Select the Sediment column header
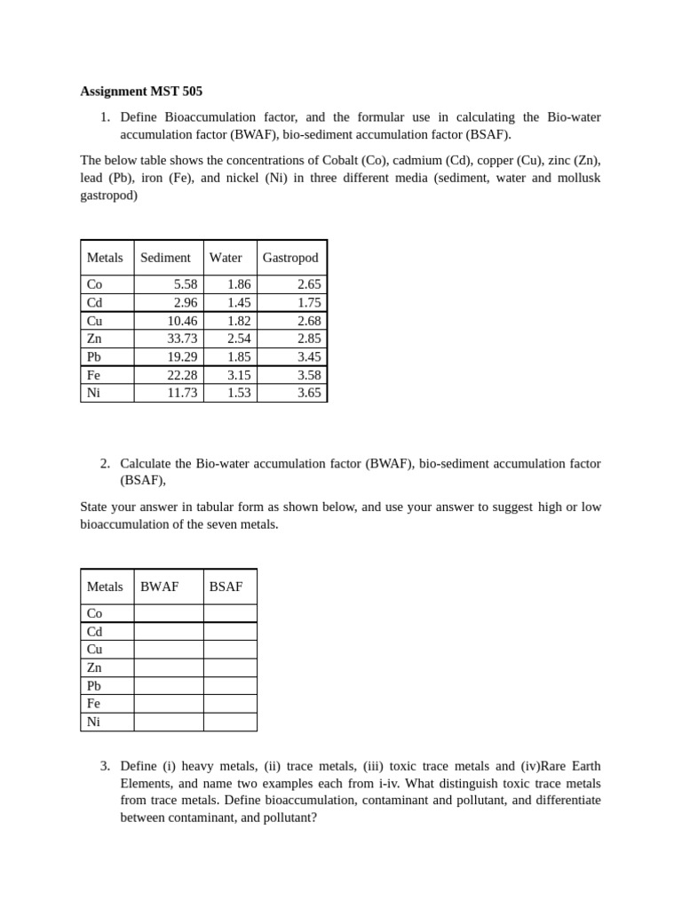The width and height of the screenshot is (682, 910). (165, 258)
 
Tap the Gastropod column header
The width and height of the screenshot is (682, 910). (290, 258)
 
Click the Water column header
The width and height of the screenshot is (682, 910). (226, 258)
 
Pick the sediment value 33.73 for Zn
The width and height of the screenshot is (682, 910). (182, 339)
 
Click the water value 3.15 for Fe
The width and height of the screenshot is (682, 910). (239, 375)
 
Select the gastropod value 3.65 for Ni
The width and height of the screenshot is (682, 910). (309, 393)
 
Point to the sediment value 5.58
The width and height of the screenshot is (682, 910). (186, 284)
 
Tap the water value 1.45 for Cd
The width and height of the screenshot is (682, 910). (239, 302)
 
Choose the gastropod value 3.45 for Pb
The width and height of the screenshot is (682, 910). (309, 356)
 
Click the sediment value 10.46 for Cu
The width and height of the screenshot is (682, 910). (182, 321)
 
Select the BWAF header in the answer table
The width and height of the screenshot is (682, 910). (160, 587)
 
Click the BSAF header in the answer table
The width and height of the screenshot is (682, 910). (226, 587)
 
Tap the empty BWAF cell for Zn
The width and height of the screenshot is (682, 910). (169, 667)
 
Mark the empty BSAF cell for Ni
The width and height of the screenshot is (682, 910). (230, 722)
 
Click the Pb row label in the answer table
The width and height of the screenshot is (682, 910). (93, 686)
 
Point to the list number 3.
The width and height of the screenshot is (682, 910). (105, 766)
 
